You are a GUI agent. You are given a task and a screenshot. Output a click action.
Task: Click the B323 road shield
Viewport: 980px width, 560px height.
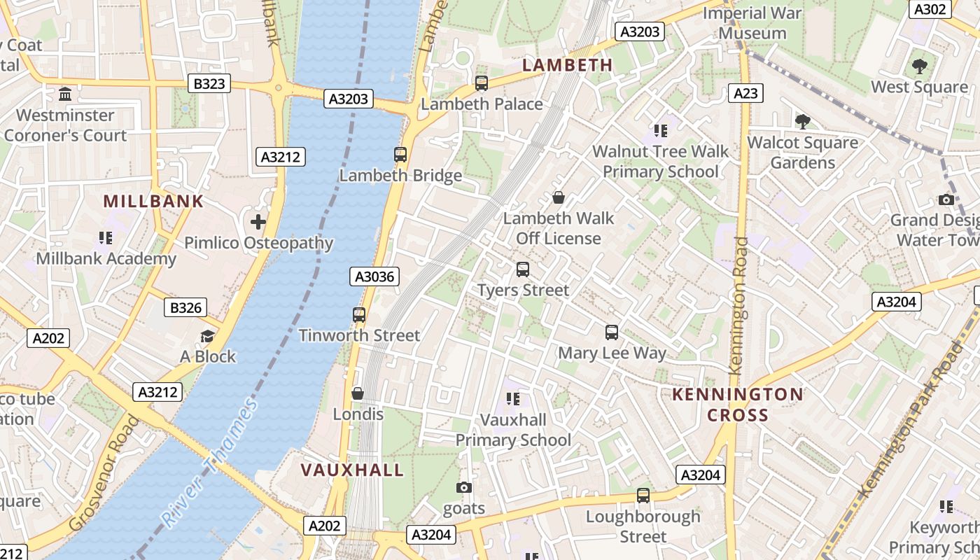(209, 84)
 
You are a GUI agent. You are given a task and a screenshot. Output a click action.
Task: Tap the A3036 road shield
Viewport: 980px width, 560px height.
(374, 276)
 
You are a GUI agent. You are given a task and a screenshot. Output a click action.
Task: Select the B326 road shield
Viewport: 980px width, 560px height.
(185, 307)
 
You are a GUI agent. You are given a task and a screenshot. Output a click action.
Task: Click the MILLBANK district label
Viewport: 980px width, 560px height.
(153, 202)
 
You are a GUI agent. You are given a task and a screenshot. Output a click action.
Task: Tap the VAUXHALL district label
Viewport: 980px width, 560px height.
(353, 470)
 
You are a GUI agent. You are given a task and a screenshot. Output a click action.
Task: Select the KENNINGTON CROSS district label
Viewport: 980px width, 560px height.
(738, 405)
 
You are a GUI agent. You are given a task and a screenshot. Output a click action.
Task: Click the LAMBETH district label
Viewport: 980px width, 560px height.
(568, 65)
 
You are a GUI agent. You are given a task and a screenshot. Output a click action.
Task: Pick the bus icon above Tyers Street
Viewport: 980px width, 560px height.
(523, 269)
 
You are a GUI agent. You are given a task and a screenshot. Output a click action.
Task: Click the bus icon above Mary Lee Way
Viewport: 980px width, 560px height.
(612, 332)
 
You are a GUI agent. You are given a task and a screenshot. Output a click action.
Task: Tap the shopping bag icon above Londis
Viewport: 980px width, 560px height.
(358, 393)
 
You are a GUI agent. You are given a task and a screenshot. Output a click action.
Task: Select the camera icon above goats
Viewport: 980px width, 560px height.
(463, 487)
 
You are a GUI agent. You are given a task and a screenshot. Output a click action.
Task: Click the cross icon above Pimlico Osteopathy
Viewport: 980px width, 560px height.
(258, 223)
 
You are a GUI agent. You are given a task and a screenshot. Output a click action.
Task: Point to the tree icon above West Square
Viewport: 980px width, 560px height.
(919, 66)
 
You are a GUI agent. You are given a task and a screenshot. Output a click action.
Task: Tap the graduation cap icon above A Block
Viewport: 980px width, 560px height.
(208, 336)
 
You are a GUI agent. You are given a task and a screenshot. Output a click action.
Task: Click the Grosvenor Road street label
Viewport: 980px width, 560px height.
(104, 472)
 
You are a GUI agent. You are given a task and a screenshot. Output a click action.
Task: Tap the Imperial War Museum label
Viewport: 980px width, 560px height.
(752, 23)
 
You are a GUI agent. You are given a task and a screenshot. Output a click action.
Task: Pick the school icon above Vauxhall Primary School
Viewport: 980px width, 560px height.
(513, 399)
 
